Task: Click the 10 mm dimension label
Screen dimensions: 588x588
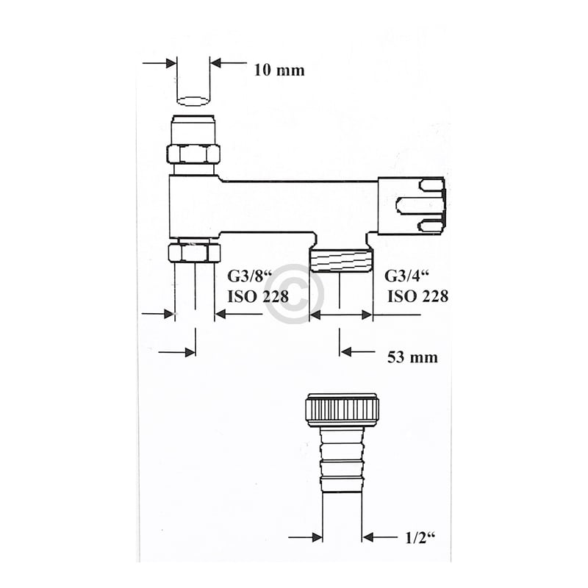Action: [279, 71]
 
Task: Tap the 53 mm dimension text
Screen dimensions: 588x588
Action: [412, 357]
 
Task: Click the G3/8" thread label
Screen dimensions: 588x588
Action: [246, 277]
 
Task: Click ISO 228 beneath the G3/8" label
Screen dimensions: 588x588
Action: [254, 296]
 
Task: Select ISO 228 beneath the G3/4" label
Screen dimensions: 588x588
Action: [417, 296]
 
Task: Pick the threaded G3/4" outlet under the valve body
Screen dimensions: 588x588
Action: [340, 260]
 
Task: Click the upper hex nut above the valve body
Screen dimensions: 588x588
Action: [193, 154]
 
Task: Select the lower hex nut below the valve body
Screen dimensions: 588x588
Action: [194, 252]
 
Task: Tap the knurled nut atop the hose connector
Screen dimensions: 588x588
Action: [342, 409]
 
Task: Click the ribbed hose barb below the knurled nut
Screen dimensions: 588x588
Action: [342, 459]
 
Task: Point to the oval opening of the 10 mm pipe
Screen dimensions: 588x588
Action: [193, 100]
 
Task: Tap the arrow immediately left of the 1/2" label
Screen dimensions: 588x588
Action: [369, 537]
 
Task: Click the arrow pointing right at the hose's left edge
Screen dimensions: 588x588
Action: [316, 537]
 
